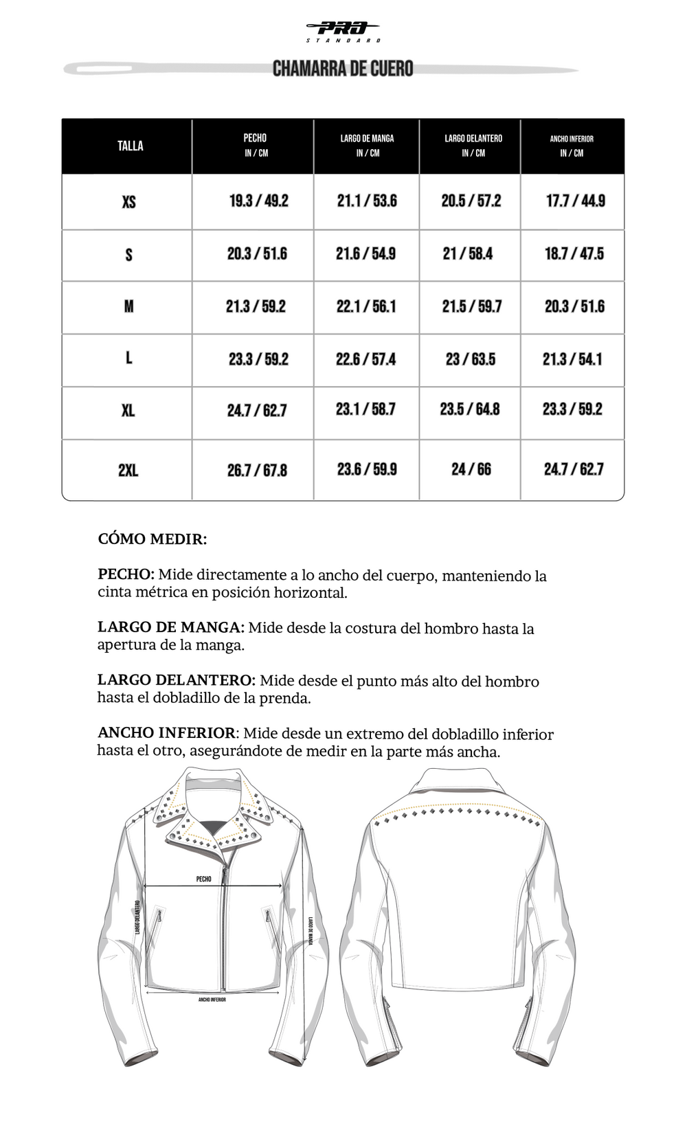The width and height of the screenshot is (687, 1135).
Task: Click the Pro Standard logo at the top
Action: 343,31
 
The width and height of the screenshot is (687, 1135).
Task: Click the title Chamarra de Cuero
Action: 343,69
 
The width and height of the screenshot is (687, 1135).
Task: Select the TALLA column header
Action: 130,146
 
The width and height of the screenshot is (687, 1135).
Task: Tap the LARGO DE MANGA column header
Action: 367,145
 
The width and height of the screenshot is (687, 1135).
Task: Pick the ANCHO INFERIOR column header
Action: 572,145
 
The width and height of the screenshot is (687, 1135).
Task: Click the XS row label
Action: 128,202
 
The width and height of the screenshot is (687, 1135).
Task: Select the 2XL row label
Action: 128,471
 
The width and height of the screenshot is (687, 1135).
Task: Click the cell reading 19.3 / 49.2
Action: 259,201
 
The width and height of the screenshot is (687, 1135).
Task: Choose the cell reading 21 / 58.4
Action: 468,254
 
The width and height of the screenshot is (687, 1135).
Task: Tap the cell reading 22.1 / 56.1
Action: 366,306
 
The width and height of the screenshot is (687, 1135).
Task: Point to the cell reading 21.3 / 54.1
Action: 572,359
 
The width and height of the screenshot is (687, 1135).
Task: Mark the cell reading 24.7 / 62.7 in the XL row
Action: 257,411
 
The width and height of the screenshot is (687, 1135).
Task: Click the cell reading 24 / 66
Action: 471,470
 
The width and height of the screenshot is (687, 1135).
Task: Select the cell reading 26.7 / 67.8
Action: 257,471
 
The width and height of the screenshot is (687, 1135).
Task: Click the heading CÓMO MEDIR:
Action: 152,539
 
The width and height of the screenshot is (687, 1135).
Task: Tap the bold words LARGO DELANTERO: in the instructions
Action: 177,681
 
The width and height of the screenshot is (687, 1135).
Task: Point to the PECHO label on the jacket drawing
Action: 204,879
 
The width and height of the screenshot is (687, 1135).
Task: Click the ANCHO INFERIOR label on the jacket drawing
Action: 212,1000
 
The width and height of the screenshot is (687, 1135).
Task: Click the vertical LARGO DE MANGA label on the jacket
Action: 311,931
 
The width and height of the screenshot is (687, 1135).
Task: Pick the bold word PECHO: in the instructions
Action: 126,575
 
